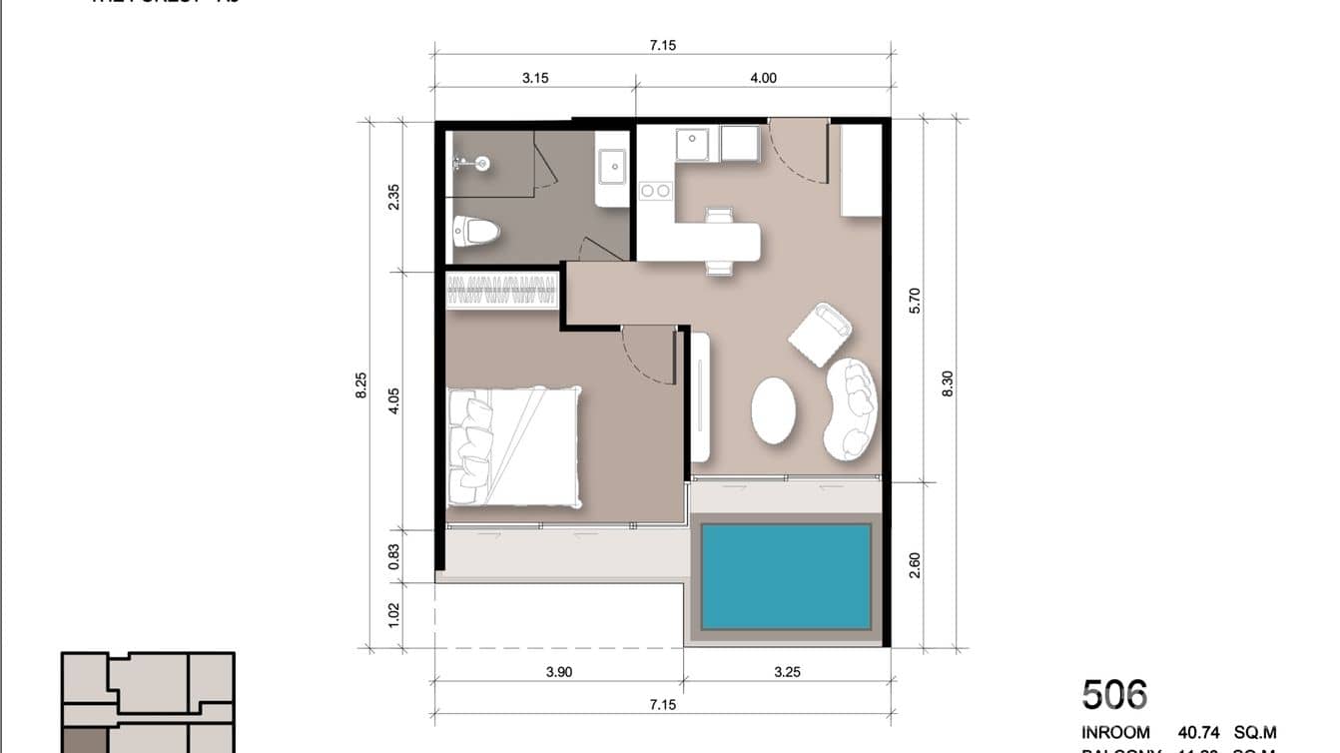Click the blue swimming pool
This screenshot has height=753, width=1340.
[786, 575]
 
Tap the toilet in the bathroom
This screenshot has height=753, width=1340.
[476, 232]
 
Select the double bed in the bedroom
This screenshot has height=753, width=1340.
[513, 445]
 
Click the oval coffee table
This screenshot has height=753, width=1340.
[773, 409]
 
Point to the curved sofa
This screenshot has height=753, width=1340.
[852, 408]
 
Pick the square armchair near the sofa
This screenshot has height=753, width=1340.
[820, 333]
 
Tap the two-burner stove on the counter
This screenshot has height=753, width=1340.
[655, 190]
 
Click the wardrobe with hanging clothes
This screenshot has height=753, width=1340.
[501, 290]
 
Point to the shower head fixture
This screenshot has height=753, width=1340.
[477, 163]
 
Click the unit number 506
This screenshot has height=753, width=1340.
[1114, 694]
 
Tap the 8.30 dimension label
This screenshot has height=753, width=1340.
[948, 383]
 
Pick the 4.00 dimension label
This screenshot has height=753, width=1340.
[763, 78]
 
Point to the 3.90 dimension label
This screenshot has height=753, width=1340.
[559, 672]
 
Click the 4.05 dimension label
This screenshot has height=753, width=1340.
[393, 400]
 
